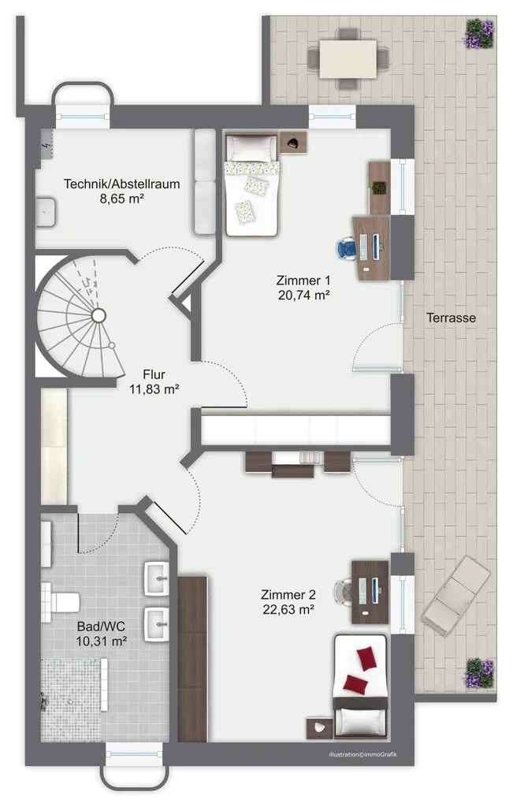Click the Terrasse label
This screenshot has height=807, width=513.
[451, 318]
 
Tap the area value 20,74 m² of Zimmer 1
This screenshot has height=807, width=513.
[303, 295]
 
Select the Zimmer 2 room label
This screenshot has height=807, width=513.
[288, 595]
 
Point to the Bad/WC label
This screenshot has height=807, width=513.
[102, 627]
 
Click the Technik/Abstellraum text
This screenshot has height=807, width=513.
[122, 184]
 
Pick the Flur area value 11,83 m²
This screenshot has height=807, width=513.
[154, 389]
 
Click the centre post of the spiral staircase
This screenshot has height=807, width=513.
[99, 315]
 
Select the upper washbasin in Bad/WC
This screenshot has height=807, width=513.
[156, 578]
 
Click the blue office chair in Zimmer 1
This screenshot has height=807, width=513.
[347, 248]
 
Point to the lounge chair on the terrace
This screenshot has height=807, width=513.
[456, 595]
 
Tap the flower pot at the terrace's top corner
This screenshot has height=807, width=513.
[480, 33]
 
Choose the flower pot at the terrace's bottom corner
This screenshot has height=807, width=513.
[480, 673]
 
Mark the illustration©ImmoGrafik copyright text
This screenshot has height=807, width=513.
[363, 754]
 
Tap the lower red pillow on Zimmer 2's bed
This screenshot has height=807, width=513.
[355, 684]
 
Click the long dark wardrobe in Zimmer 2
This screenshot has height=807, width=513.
[192, 660]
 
